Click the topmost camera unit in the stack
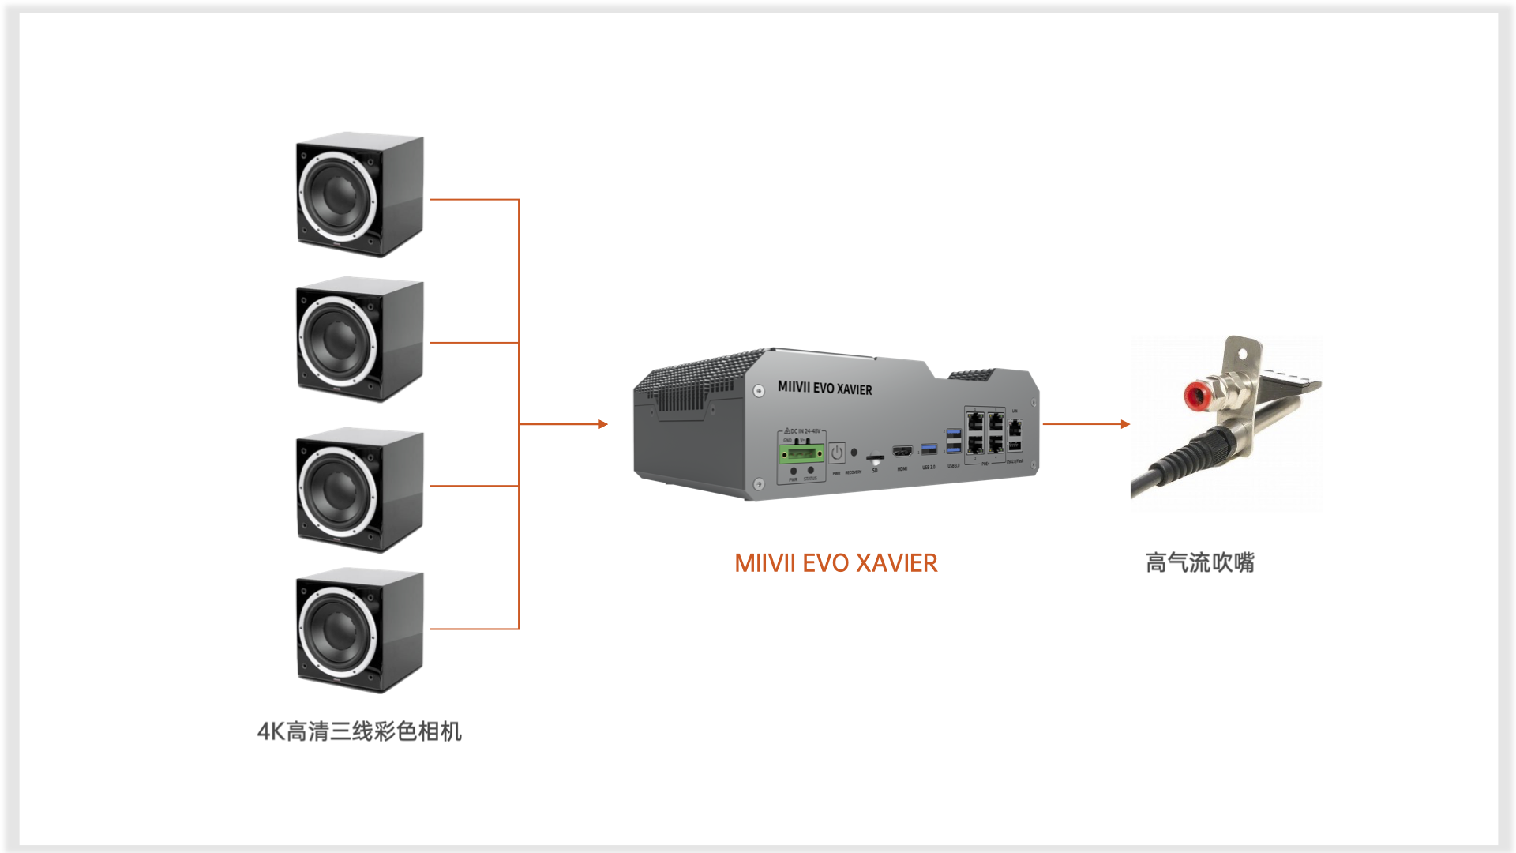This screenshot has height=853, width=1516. [359, 194]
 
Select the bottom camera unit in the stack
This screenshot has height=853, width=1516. [359, 630]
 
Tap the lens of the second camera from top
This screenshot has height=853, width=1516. [339, 340]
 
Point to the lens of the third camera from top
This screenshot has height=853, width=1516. [339, 490]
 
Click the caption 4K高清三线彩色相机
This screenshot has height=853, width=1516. [359, 731]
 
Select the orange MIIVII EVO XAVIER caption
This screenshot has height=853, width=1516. [835, 563]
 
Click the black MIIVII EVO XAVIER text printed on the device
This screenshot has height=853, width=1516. [824, 388]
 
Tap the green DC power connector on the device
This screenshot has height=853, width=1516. [801, 453]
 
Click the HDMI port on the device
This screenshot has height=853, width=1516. [902, 451]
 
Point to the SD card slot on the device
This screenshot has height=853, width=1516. [874, 457]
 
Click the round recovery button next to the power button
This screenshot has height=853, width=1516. [854, 453]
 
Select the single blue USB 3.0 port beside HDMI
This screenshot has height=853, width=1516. [929, 449]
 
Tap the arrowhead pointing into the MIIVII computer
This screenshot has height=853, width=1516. [602, 424]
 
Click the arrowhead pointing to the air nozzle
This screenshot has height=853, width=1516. [1125, 424]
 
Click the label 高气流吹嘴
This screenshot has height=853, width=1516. [1199, 563]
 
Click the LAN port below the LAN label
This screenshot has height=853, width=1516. [1015, 428]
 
